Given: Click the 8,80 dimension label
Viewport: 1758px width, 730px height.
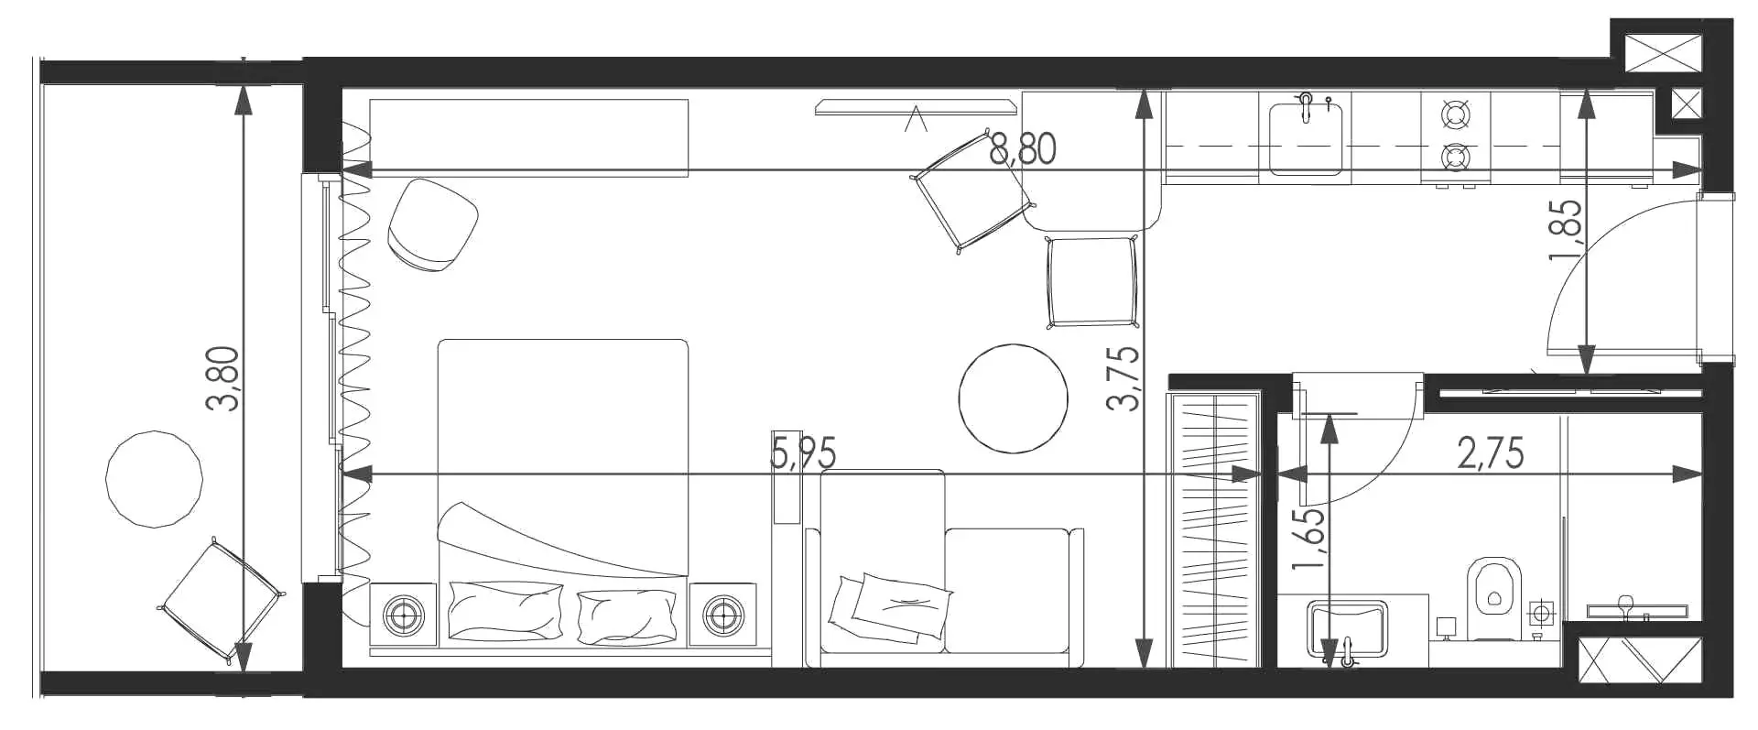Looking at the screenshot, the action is [x=1023, y=148].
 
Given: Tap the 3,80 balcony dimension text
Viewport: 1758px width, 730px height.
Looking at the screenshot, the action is [x=223, y=378].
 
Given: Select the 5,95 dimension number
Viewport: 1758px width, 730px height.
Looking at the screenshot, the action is [x=803, y=453].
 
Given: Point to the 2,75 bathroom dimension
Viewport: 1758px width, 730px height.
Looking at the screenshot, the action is [x=1491, y=453].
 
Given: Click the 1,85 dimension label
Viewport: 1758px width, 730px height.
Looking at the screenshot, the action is [x=1565, y=230].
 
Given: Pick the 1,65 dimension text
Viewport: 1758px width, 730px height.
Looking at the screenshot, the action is [x=1308, y=539].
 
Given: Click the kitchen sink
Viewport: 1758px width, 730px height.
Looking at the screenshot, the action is [x=1307, y=137].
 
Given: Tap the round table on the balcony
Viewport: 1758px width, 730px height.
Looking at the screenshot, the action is [x=154, y=478].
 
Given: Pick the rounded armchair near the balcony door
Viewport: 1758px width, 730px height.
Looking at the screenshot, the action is [x=433, y=225].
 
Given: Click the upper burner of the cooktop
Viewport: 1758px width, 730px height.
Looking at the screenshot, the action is [x=1455, y=114].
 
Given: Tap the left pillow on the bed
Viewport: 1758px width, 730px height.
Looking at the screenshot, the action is [x=505, y=610].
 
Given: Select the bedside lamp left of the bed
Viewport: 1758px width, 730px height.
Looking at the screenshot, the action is [x=403, y=614].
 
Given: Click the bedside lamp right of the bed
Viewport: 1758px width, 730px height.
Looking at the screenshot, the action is [x=723, y=614].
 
